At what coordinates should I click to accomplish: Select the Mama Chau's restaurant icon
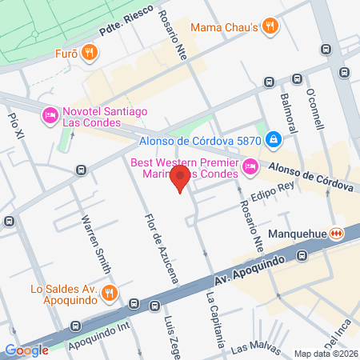pos(271,26)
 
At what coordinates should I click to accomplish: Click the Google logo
pos(26,350)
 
